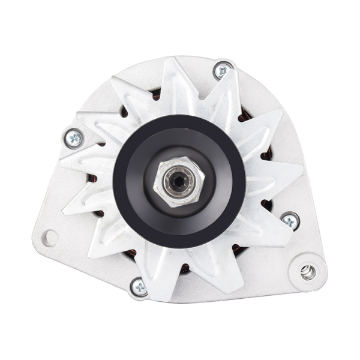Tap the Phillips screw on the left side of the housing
[73, 138]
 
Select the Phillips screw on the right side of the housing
[290, 220]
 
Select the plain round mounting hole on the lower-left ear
[50, 238]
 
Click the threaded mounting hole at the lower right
[308, 271]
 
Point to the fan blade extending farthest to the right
[288, 174]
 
